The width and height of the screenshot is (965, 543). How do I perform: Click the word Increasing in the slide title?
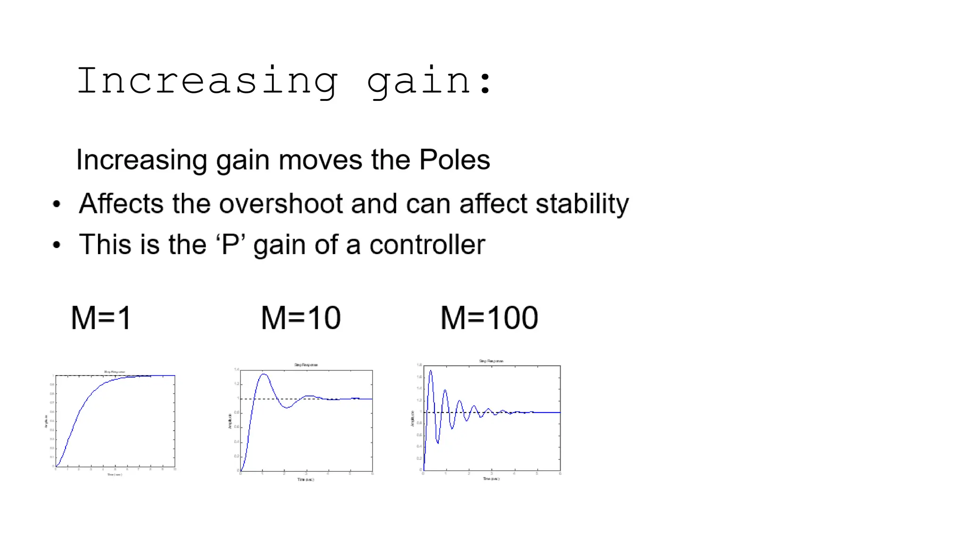pyautogui.click(x=207, y=82)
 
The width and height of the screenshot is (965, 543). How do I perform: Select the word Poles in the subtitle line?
pyautogui.click(x=454, y=159)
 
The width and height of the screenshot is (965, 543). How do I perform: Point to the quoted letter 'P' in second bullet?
pyautogui.click(x=230, y=244)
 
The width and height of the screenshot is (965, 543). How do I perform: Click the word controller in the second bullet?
pyautogui.click(x=427, y=244)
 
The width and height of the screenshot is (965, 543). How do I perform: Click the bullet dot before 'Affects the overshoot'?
pyautogui.click(x=57, y=204)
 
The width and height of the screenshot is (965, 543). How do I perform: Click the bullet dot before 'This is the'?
pyautogui.click(x=57, y=245)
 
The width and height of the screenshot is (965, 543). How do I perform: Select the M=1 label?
pyautogui.click(x=101, y=318)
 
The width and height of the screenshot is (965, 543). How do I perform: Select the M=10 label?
pyautogui.click(x=301, y=318)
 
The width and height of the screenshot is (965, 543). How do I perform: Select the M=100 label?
pyautogui.click(x=489, y=318)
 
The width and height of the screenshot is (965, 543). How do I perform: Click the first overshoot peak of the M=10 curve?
pyautogui.click(x=264, y=375)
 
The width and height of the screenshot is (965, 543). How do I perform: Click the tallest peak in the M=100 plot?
pyautogui.click(x=431, y=371)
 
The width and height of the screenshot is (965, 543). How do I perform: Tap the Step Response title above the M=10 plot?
pyautogui.click(x=306, y=365)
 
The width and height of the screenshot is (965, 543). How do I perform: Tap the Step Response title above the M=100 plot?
pyautogui.click(x=491, y=361)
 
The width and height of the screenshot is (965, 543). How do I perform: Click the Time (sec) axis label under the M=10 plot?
pyautogui.click(x=305, y=479)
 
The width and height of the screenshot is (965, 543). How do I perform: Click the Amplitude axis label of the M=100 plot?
pyautogui.click(x=413, y=419)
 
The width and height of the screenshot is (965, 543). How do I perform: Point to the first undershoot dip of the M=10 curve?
pyautogui.click(x=286, y=407)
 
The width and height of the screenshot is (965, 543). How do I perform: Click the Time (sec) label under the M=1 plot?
pyautogui.click(x=114, y=475)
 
